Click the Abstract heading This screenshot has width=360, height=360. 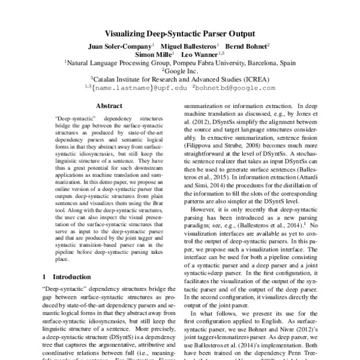click(109, 105)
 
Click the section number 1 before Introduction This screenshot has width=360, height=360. click(44, 277)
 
